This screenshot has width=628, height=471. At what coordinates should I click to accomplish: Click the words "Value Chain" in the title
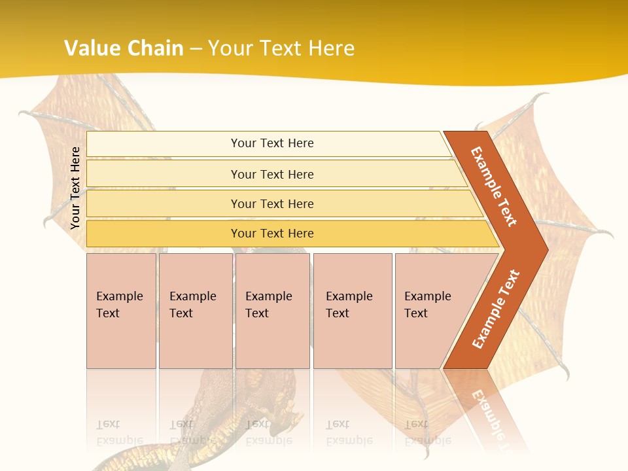pos(124,48)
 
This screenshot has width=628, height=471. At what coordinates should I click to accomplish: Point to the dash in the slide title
pos(196,49)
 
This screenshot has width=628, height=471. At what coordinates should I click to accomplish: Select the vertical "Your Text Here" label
pos(75,188)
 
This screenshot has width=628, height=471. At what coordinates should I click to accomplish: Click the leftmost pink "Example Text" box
pos(121,311)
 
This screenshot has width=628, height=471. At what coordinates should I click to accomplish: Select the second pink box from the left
pos(195,311)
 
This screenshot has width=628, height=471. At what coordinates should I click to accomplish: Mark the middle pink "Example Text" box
pos(272,311)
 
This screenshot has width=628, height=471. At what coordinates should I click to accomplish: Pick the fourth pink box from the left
pos(352,311)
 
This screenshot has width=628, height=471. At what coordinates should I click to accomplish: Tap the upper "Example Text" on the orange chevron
pos(494,186)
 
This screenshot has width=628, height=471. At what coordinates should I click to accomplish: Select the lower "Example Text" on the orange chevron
pos(496,309)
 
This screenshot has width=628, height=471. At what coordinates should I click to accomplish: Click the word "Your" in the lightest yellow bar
pos(243,143)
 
